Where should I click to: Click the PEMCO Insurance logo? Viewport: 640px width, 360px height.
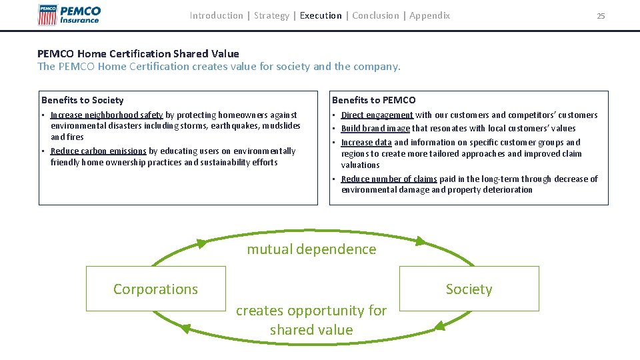(x=70, y=15)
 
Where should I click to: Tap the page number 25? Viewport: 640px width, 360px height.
(x=601, y=16)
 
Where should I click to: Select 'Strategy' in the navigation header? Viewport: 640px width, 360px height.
(x=271, y=15)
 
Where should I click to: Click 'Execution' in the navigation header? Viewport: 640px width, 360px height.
(x=321, y=15)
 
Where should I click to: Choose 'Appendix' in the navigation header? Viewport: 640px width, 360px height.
(x=429, y=15)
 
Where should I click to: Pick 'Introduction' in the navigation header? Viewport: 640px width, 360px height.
(x=216, y=15)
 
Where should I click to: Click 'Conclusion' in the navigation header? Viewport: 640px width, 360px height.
(x=376, y=15)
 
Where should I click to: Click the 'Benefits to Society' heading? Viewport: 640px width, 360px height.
(x=83, y=100)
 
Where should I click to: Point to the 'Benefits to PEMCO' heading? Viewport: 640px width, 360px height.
(x=373, y=100)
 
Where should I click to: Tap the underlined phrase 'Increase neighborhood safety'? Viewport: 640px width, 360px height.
(x=107, y=115)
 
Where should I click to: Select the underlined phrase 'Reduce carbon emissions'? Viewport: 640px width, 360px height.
(x=98, y=151)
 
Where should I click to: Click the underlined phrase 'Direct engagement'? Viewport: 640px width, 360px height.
(x=377, y=115)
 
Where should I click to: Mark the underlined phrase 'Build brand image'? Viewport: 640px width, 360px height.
(x=375, y=129)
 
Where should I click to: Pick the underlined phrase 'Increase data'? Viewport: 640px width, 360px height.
(x=366, y=143)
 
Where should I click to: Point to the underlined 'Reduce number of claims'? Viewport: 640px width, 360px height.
(x=389, y=179)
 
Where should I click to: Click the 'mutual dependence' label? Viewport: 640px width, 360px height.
(x=311, y=249)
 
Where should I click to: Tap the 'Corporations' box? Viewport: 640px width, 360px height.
(x=156, y=289)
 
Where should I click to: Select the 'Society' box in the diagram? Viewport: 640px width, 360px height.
(x=469, y=289)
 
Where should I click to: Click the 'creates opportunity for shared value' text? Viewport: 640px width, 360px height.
(x=311, y=320)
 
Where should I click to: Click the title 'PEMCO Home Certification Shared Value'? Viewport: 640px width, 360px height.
(x=138, y=53)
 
